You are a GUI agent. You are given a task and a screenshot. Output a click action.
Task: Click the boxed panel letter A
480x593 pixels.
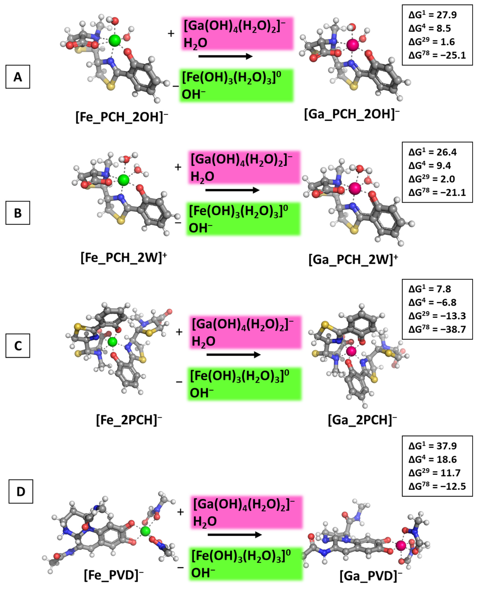click(18, 77)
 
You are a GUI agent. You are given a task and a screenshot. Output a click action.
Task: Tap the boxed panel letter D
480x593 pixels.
click(21, 491)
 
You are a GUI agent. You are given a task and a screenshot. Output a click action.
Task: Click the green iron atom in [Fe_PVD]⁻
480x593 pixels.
click(145, 531)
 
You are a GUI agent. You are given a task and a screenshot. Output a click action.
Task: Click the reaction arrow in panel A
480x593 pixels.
click(225, 56)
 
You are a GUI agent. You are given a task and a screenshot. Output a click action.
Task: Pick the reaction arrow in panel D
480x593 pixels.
click(234, 535)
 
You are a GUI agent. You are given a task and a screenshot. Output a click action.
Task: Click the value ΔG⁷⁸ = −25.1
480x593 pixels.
click(437, 55)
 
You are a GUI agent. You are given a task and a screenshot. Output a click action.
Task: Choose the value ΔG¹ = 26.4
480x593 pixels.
click(433, 152)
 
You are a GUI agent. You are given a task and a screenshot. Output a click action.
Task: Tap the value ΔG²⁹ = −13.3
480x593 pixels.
click(437, 316)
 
